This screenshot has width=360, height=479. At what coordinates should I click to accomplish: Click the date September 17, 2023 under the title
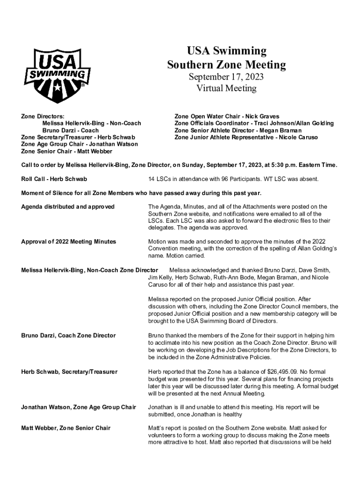[226, 77]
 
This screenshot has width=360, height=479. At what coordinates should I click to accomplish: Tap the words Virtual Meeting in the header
[226, 88]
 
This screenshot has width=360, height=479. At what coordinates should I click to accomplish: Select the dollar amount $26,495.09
[262, 372]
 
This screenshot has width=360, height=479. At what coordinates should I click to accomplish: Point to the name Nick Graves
[263, 116]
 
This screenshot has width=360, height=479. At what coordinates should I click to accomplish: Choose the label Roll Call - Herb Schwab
[54, 179]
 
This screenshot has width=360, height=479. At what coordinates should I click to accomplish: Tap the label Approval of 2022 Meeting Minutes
[68, 241]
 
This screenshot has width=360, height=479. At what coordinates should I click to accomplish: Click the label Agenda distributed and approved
[68, 207]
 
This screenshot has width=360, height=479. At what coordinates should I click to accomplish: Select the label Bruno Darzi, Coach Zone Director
[68, 335]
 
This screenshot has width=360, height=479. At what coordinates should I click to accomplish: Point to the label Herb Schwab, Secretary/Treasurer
[69, 372]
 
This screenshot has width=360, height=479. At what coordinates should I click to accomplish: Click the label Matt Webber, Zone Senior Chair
[66, 428]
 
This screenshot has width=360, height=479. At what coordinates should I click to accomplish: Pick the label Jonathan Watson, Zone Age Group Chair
[79, 407]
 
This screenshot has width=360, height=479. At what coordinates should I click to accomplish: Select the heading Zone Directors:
[43, 116]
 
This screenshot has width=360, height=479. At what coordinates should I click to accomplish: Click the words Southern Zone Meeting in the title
[226, 65]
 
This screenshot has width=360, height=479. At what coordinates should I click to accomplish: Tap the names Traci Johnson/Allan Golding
[292, 123]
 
